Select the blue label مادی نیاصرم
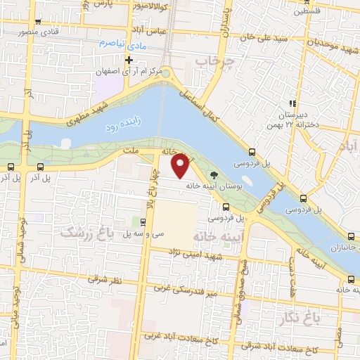[116, 44]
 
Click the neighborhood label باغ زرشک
[86, 232]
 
